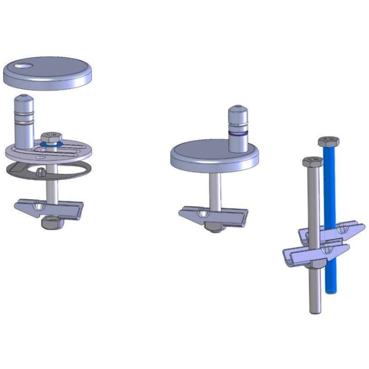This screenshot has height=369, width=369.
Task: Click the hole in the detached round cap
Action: click(x=24, y=66)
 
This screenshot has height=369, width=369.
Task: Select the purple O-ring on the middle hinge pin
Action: click(x=238, y=134)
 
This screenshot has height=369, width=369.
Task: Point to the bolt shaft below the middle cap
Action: click(x=214, y=190)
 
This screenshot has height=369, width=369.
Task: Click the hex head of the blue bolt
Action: click(x=328, y=142)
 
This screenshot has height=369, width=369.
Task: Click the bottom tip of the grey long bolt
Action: click(x=315, y=310)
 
